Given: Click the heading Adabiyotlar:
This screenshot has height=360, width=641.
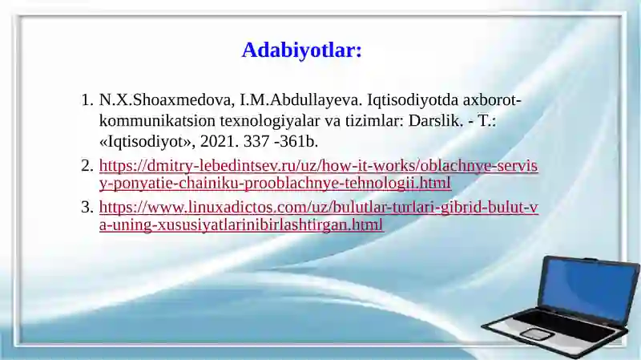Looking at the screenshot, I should (x=302, y=51).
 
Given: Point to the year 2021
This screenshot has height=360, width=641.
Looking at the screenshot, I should (x=214, y=142).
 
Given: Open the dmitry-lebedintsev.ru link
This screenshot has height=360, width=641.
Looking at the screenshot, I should (x=318, y=166).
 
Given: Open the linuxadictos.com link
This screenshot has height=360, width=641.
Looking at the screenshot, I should (x=318, y=208).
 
